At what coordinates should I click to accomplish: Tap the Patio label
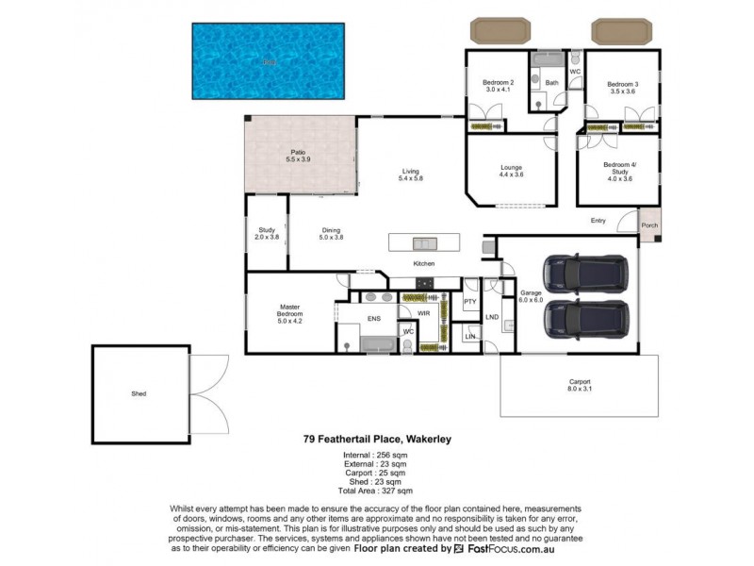298,156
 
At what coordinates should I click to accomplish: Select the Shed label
139,394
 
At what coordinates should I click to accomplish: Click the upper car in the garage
586,275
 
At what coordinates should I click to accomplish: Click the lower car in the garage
586,318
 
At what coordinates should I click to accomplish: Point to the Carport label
579,385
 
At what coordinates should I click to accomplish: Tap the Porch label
649,225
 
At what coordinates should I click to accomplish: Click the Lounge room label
511,171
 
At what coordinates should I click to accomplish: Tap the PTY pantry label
470,301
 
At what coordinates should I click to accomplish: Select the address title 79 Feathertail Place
377,438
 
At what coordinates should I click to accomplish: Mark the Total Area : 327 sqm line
377,491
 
